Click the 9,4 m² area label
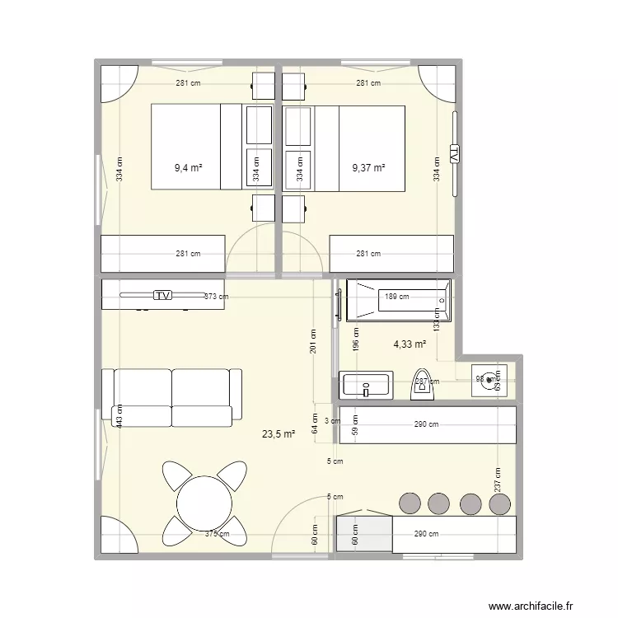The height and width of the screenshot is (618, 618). coord(188,168)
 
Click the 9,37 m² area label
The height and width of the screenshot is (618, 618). coord(368,168)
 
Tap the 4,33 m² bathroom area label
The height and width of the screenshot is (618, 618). coord(410,344)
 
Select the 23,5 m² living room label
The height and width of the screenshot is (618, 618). coord(279,434)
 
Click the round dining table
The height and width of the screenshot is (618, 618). coord(204,502)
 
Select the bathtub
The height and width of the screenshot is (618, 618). coord(399,300)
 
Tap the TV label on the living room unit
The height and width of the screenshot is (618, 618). coord(163,295)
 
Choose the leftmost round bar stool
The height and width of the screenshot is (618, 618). coord(409,502)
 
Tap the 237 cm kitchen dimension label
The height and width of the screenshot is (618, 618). coord(497,479)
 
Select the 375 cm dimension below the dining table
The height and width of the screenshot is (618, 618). coord(218,534)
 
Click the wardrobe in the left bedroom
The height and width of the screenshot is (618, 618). coord(162,254)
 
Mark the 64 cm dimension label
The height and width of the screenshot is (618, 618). coord(313,424)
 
